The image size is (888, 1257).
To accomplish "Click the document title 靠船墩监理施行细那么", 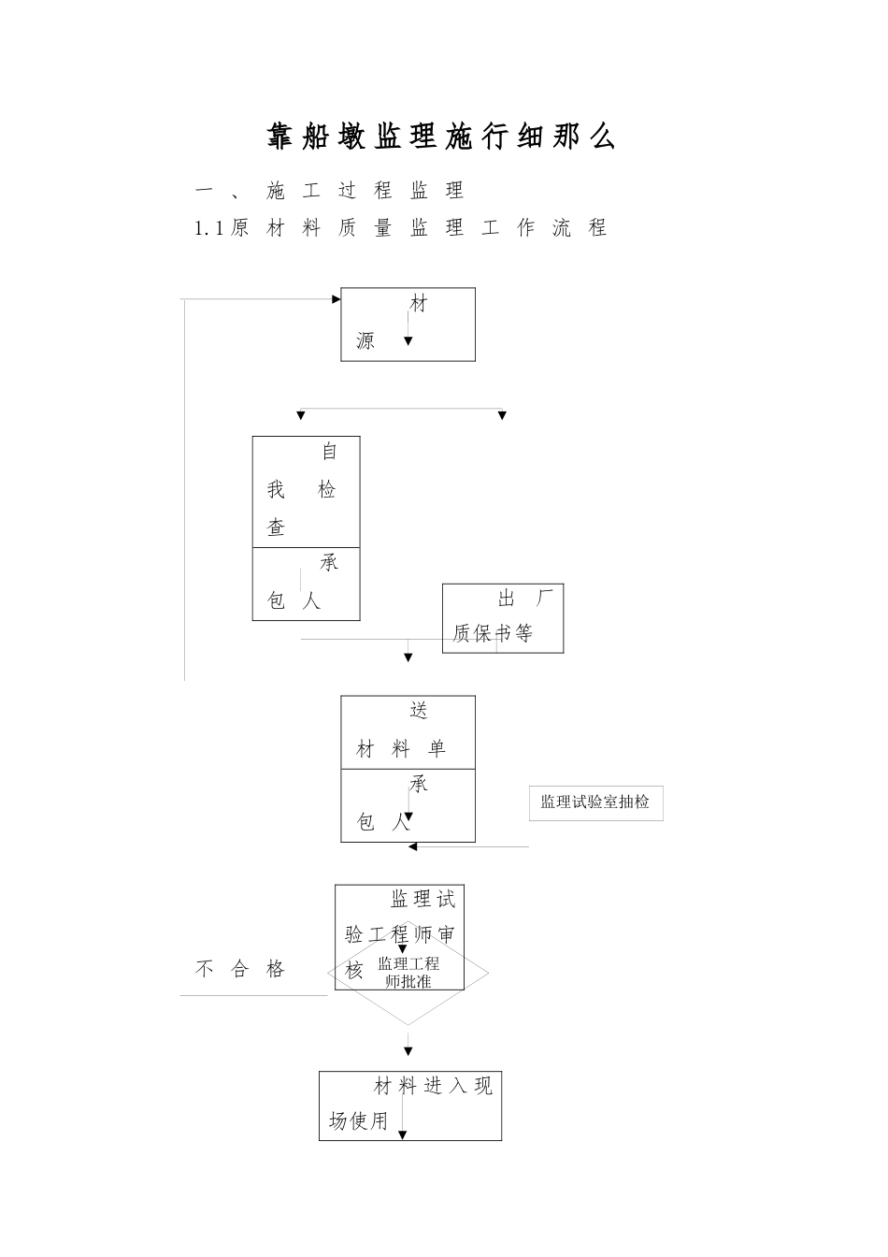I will tap(441, 137).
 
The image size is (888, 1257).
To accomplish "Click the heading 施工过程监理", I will tap(365, 191).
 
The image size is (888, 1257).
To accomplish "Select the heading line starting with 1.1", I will tap(400, 227).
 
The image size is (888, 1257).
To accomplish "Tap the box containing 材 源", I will tap(408, 324).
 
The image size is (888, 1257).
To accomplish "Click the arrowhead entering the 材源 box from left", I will tap(336, 299).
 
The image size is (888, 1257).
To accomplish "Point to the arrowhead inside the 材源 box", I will tap(408, 341).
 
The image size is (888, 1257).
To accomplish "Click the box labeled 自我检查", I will tap(306, 491).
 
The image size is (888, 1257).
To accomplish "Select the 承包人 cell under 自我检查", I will tap(306, 584).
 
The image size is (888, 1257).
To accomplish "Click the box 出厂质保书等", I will tap(503, 618).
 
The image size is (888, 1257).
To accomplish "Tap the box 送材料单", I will tap(408, 732).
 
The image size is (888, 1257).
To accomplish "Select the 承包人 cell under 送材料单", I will tap(408, 805).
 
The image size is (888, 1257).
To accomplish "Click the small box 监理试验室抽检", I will tap(595, 802).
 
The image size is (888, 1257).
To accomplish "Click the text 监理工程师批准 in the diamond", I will tap(408, 973).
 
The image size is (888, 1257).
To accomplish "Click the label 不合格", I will tap(239, 969).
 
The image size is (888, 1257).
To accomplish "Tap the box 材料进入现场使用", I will tap(409, 1105).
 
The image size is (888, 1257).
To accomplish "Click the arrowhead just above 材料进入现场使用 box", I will tap(408, 1051).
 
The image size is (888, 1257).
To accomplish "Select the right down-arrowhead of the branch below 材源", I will tap(502, 415).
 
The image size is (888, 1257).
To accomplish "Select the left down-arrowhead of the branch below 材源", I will tap(300, 415).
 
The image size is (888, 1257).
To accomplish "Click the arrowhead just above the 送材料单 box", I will tap(408, 658).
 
